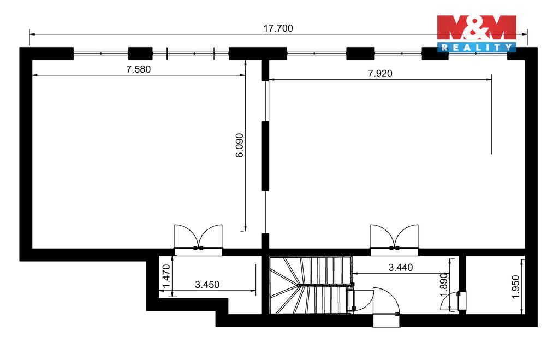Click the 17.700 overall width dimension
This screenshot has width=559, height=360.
coord(278,28)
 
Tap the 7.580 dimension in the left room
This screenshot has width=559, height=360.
coord(138,69)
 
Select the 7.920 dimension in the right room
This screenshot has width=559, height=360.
coord(380,74)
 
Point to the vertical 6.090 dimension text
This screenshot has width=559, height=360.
coord(240,145)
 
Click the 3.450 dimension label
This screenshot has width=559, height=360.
coord(207,285)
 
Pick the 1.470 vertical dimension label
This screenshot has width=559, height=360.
coord(167,276)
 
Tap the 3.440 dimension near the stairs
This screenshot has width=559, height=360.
coord(400,267)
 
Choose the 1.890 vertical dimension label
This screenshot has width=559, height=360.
coord(443,285)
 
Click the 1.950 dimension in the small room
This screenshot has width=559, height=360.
coord(516,287)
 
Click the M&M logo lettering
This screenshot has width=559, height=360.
coord(477,27)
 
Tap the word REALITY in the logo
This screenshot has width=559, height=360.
coord(477,47)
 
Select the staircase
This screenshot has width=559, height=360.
coord(310,285)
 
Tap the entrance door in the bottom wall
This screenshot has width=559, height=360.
coord(386,307)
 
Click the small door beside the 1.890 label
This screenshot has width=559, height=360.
coord(453,302)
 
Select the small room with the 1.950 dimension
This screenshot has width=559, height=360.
coord(495,285)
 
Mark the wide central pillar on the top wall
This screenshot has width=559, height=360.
coord(258,54)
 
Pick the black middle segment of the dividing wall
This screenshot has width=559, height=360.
coord(265,156)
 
